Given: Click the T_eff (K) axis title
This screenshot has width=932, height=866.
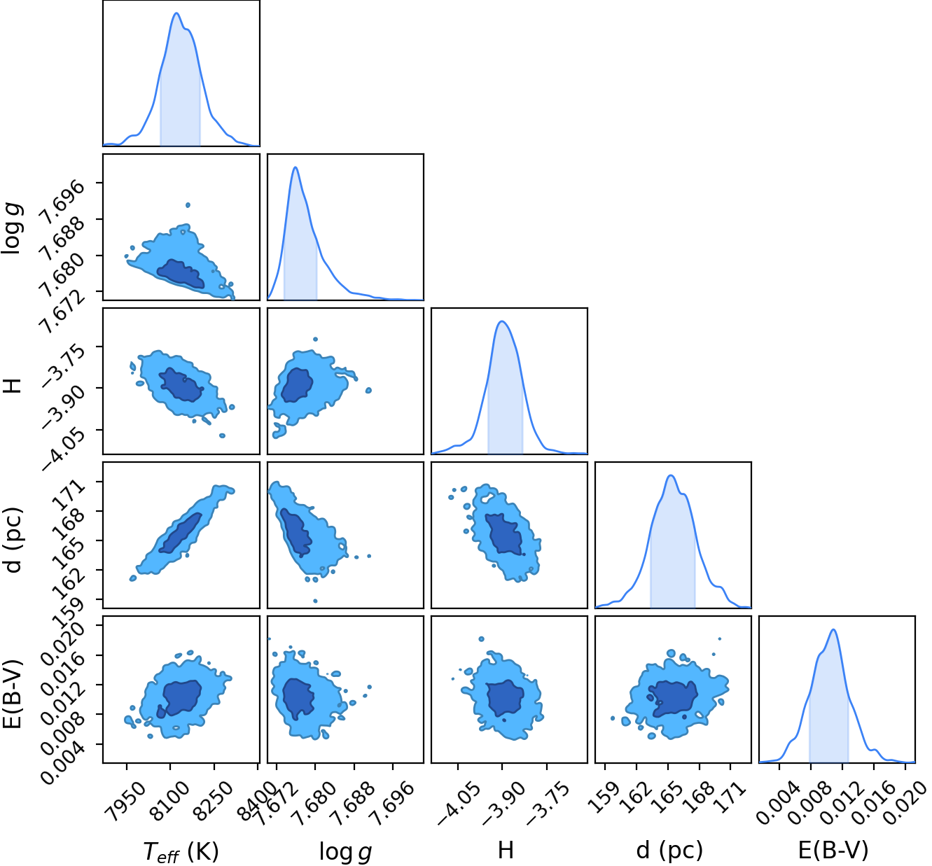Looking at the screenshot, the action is click(x=181, y=851).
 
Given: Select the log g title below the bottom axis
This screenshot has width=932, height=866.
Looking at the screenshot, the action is click(x=345, y=851).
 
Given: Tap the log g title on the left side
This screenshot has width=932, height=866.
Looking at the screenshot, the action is click(x=12, y=228).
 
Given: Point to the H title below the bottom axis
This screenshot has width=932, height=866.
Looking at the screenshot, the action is click(x=506, y=850).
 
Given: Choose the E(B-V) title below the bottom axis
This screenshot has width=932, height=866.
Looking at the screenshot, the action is click(x=833, y=850).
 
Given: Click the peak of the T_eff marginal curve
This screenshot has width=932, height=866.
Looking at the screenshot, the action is click(x=176, y=13).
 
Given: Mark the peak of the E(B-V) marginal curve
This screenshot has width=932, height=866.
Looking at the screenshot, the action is click(x=833, y=629).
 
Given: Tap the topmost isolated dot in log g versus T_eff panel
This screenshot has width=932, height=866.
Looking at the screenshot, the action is click(x=188, y=205).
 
